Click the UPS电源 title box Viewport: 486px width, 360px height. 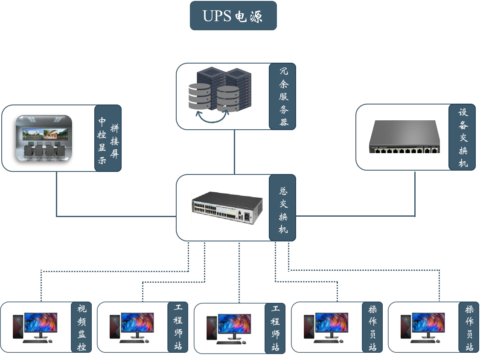[x=233, y=16]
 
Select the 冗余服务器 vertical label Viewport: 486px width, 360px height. [x=283, y=96]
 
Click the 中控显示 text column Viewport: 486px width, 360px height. [x=102, y=140]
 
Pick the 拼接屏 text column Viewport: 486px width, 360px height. [x=114, y=141]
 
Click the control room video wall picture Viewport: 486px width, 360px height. [x=44, y=139]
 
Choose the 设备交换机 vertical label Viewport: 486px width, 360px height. [x=463, y=137]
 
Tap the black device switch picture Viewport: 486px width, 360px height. [x=404, y=137]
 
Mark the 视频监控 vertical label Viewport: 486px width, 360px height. [x=81, y=327]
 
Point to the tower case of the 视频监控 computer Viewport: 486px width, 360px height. [x=17, y=327]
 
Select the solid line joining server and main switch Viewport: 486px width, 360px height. [x=234, y=152]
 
